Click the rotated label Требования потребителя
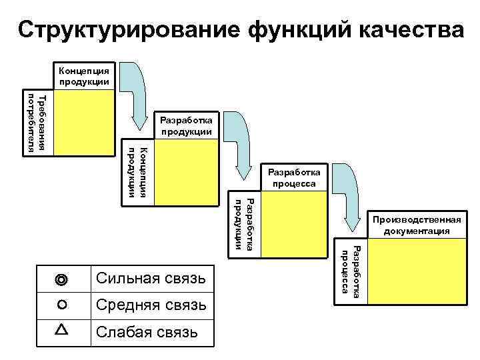pyautogui.click(x=37, y=123)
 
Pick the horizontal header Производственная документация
pyautogui.click(x=417, y=225)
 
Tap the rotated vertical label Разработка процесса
pyautogui.click(x=351, y=269)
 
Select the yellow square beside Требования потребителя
pyautogui.click(x=85, y=123)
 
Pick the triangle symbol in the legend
pyautogui.click(x=62, y=330)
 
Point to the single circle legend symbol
pyautogui.click(x=62, y=305)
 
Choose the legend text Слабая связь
pyautogui.click(x=147, y=331)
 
